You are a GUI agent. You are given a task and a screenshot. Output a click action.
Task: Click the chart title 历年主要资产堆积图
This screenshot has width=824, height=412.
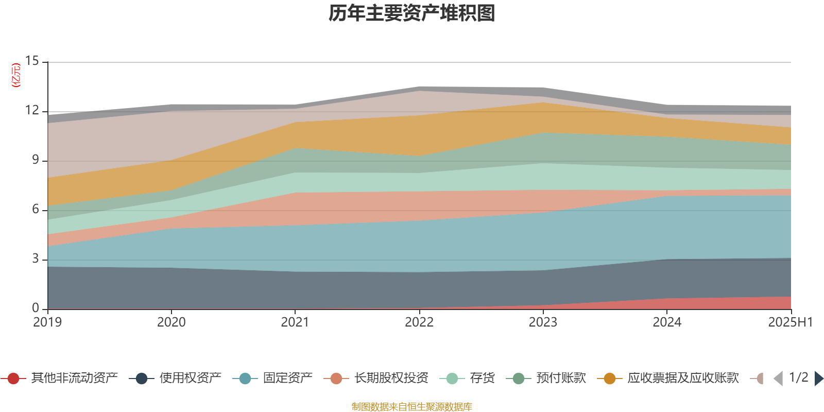(x=412, y=13)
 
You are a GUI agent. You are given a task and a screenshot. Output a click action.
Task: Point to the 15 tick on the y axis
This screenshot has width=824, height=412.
(x=32, y=61)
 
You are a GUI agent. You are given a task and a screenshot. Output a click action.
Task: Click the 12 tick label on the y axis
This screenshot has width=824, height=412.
(x=32, y=110)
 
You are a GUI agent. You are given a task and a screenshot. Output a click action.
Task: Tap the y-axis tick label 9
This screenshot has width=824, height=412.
(x=35, y=160)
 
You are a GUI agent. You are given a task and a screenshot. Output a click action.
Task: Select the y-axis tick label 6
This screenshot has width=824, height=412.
(x=35, y=209)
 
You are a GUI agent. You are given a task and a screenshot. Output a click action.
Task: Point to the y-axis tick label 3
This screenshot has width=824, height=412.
(x=35, y=259)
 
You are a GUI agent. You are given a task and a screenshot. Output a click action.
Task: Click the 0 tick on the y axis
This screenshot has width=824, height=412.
(x=35, y=308)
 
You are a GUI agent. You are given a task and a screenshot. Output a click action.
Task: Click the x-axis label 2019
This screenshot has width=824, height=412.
(x=47, y=322)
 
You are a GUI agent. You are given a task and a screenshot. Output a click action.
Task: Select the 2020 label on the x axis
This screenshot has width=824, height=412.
(x=171, y=322)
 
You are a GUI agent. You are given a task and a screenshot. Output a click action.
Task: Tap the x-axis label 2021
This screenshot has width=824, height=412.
(x=295, y=322)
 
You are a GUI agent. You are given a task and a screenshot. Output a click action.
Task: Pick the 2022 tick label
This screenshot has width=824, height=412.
(x=419, y=322)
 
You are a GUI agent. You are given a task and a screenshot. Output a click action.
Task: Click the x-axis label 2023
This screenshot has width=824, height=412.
(x=543, y=322)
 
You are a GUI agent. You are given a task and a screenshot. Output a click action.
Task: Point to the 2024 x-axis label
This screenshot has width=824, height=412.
(x=667, y=322)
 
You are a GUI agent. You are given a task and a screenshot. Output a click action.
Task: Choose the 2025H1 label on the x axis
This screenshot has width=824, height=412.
(x=790, y=322)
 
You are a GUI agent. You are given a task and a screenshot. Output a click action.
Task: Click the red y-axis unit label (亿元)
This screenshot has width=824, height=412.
(x=16, y=75)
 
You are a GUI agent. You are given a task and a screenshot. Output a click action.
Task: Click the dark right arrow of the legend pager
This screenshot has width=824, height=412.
(x=818, y=379)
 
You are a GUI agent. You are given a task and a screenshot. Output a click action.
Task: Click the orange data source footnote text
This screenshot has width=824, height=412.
(x=412, y=407)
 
